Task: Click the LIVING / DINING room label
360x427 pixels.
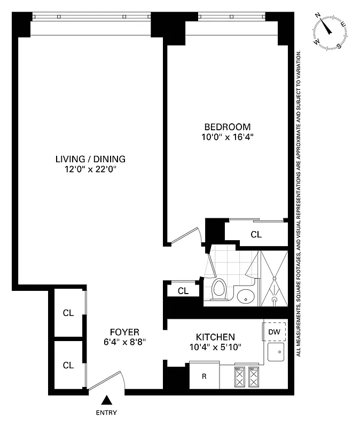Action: (90, 159)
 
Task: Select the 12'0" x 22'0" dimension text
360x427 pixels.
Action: (90, 170)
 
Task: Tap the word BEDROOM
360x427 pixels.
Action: (228, 126)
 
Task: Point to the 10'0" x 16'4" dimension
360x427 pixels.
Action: (228, 137)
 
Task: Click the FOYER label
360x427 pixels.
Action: (124, 331)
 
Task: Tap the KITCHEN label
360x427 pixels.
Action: (215, 337)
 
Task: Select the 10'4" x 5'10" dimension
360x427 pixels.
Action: (215, 347)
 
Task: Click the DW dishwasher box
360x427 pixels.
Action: (275, 332)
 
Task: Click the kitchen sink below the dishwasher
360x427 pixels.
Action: (277, 352)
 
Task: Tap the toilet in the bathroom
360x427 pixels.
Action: (218, 290)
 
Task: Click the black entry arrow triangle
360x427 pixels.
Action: (107, 400)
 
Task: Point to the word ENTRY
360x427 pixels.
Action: (106, 413)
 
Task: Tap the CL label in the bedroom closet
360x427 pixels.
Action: (256, 234)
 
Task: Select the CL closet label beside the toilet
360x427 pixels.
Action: (183, 291)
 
